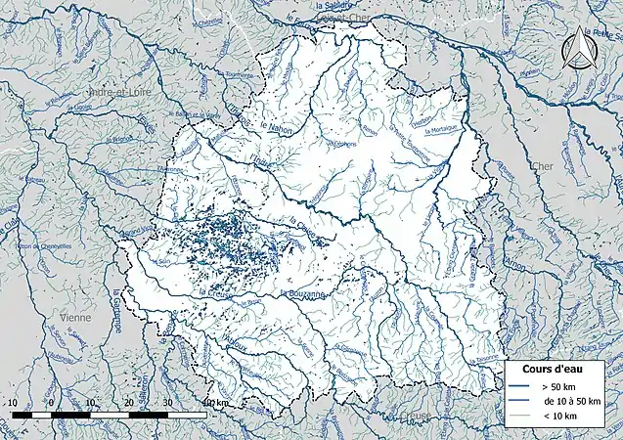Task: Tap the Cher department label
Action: pos(539,166)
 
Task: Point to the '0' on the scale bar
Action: pos(50,402)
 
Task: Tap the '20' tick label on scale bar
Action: pos(128,402)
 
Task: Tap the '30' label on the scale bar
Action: pos(167,402)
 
